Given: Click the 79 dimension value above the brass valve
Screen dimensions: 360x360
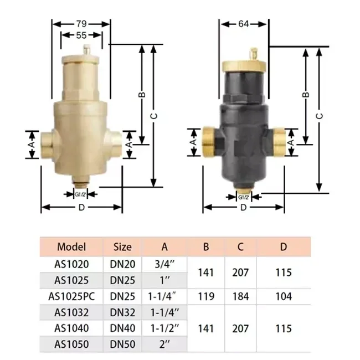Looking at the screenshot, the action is (81, 24).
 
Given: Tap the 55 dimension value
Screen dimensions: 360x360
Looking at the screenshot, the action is (81, 35).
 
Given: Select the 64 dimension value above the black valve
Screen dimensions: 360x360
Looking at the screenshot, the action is (243, 24).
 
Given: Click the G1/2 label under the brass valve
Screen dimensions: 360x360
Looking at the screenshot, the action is (80, 194).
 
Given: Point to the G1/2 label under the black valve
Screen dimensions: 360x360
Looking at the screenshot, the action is (243, 197).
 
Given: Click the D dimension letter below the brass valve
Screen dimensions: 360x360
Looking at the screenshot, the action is (81, 208).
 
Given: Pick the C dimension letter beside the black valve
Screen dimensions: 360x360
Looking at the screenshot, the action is (320, 116).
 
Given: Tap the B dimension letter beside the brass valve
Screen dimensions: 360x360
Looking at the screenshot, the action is (142, 95).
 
